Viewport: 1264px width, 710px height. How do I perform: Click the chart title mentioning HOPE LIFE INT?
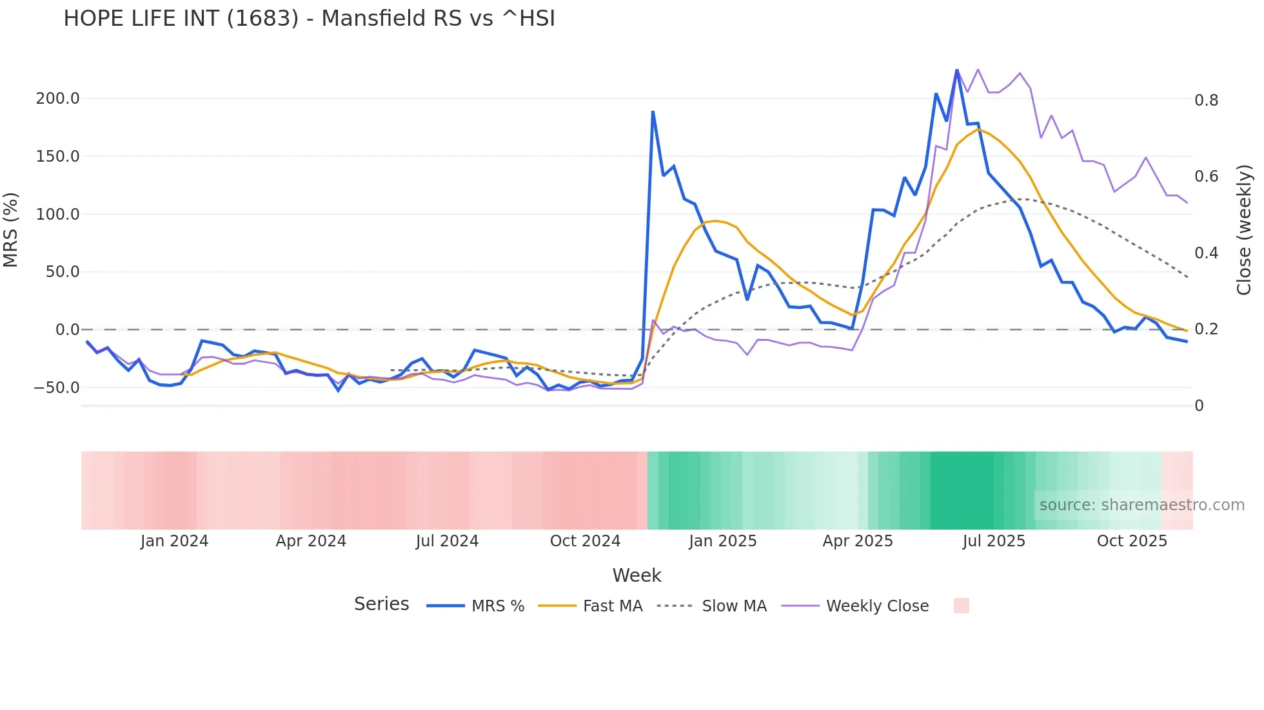(309, 19)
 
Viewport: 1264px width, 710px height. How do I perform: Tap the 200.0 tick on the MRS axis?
(57, 99)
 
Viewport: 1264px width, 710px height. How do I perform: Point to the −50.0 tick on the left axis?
(56, 388)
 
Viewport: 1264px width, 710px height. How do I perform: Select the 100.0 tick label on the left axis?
(57, 214)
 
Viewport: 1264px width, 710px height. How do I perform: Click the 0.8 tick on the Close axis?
(1206, 100)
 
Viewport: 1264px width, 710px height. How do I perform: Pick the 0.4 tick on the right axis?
(1206, 253)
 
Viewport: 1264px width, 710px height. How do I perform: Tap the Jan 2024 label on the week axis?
(174, 541)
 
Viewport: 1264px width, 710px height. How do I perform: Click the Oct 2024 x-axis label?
(585, 541)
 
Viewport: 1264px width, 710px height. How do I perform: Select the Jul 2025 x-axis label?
(994, 541)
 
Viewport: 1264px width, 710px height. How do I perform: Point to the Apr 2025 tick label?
(858, 541)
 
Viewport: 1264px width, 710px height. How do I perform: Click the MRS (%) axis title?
(11, 229)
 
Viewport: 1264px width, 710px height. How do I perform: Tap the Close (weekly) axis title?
(1244, 229)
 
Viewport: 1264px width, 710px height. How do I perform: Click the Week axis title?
(637, 575)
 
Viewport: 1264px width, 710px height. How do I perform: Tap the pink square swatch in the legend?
(961, 606)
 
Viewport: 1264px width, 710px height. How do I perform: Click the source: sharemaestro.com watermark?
(1141, 505)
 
